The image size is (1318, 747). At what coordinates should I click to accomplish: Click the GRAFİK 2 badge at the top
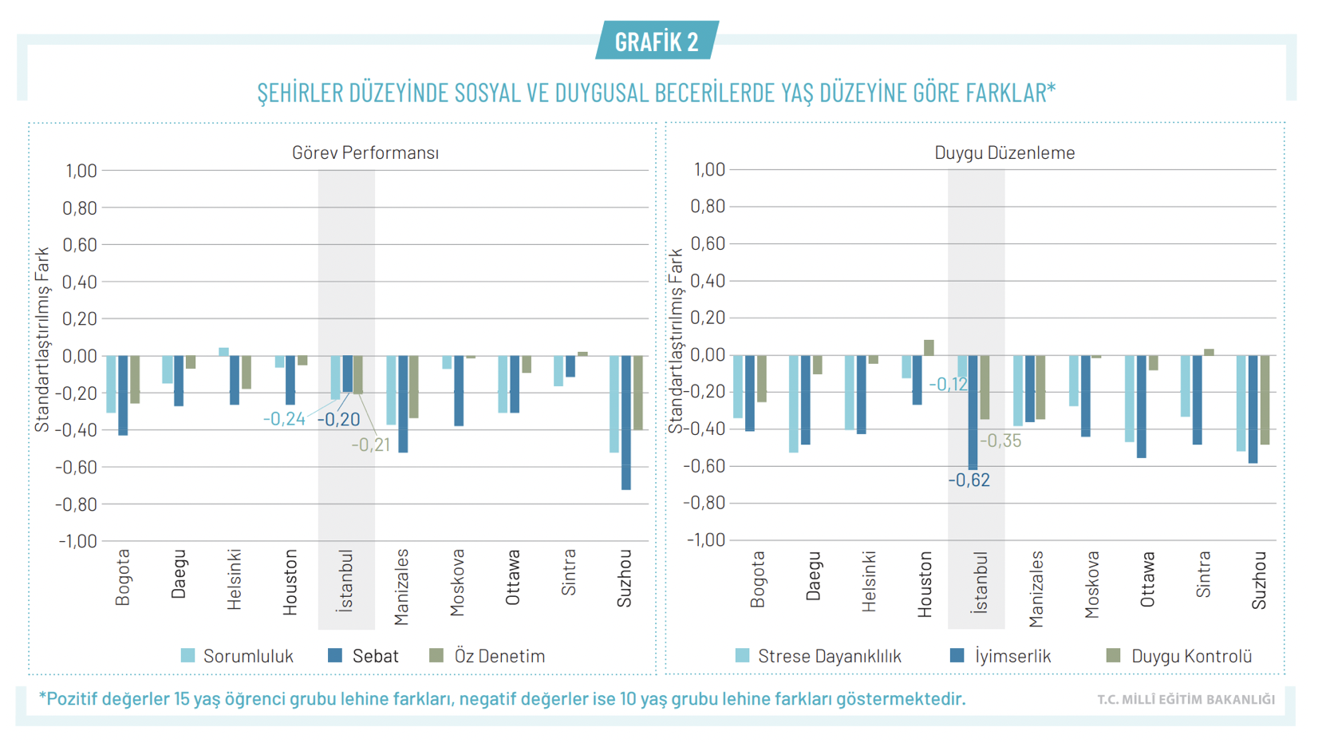[x=657, y=41]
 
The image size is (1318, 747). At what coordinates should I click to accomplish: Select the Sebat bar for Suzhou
[x=626, y=422]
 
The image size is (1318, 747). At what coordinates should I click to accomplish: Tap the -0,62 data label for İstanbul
[x=969, y=480]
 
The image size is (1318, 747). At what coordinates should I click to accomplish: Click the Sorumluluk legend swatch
[x=188, y=656]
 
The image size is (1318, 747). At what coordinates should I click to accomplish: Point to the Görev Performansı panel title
[x=365, y=152]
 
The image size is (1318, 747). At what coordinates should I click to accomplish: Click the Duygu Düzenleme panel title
[x=1004, y=152]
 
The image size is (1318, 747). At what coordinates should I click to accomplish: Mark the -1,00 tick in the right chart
[x=707, y=540]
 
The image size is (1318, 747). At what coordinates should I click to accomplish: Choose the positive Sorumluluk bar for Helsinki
[x=223, y=352]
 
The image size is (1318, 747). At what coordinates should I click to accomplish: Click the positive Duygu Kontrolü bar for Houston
[x=929, y=347]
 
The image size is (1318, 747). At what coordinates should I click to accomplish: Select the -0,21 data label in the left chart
[x=371, y=445]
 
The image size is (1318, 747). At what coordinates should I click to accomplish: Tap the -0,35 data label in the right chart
[x=1000, y=441]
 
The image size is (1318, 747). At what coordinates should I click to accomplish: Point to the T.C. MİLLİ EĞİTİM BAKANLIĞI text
[x=1186, y=700]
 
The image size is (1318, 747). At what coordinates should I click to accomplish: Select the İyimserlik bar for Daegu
[x=806, y=400]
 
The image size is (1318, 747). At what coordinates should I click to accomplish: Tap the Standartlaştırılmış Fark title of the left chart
[x=41, y=339]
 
